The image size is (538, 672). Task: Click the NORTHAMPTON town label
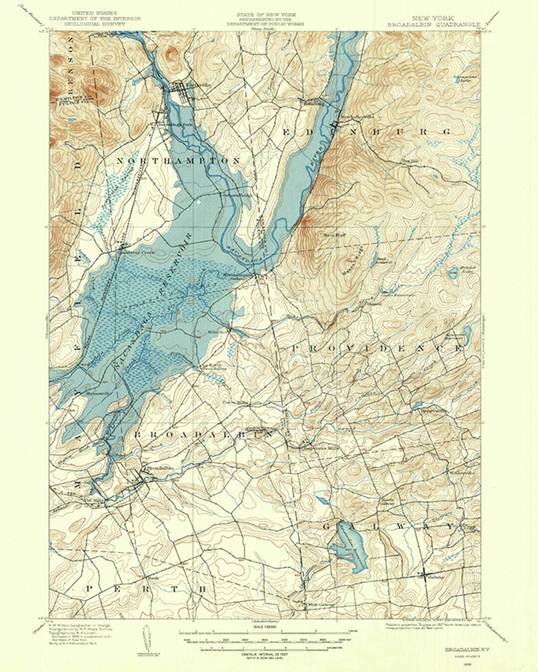coord(178,161)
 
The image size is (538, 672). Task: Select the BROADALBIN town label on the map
coord(203,434)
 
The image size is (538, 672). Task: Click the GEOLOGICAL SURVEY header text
coord(95,23)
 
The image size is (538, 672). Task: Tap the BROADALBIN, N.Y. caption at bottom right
coord(459,650)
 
